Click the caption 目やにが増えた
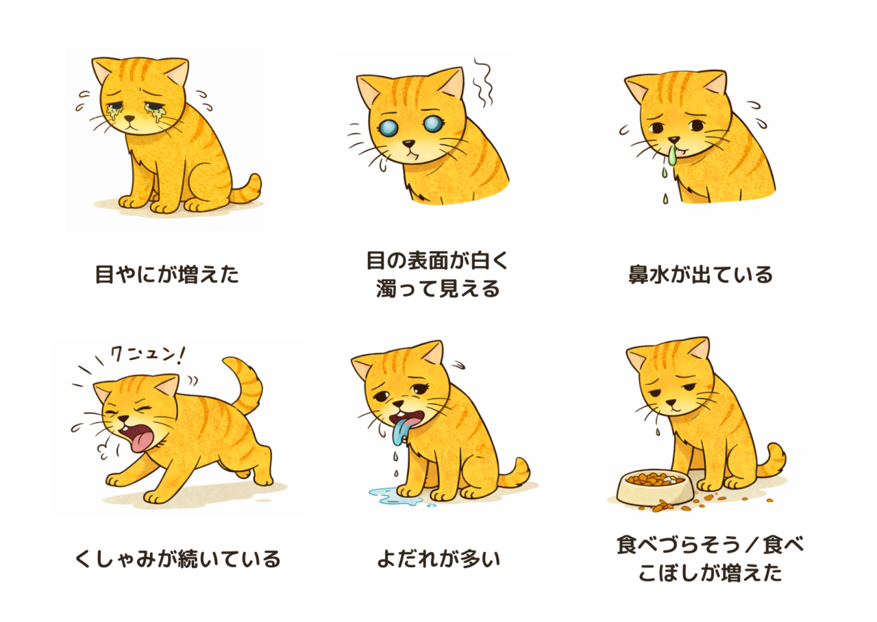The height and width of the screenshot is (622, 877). pyautogui.click(x=167, y=275)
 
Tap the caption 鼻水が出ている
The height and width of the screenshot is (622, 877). pyautogui.click(x=700, y=275)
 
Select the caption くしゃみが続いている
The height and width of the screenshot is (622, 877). pyautogui.click(x=177, y=559)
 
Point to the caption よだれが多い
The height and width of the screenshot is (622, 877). pyautogui.click(x=439, y=559)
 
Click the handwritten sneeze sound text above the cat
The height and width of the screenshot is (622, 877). pyautogui.click(x=147, y=355)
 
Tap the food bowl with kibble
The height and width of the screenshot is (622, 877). pyautogui.click(x=654, y=487)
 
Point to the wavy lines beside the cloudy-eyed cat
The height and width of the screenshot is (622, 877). pyautogui.click(x=483, y=83)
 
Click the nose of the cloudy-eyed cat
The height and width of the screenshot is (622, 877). pyautogui.click(x=409, y=144)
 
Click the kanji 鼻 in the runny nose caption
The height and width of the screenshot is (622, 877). pyautogui.click(x=638, y=275)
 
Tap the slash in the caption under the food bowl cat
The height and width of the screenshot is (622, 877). pyautogui.click(x=752, y=545)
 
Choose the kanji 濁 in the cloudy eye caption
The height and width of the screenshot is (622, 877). pyautogui.click(x=386, y=289)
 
